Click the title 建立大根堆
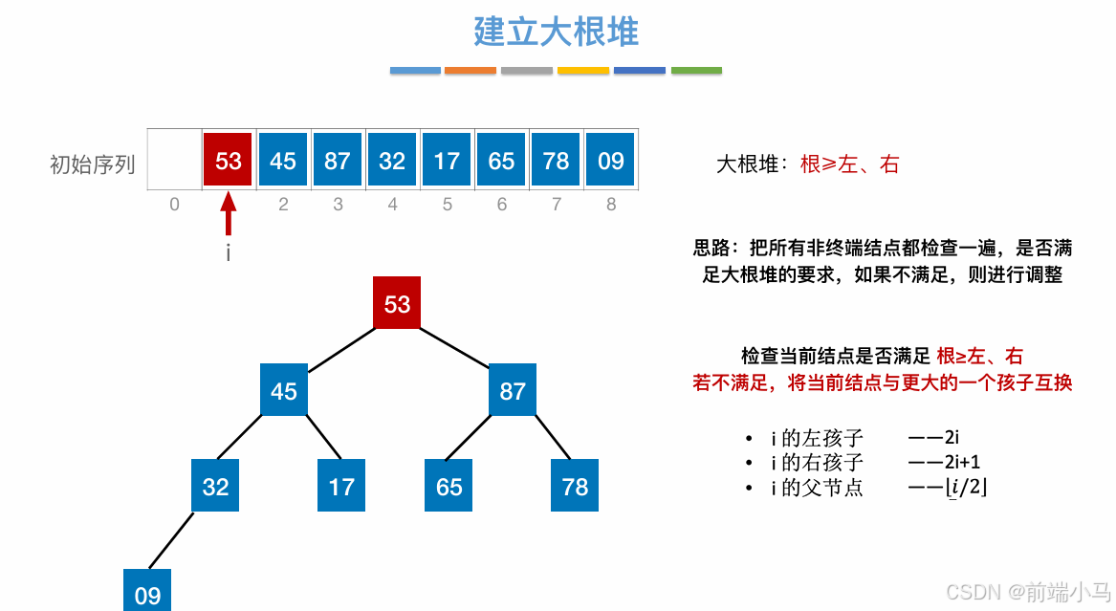coord(556,32)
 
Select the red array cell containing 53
coord(229,161)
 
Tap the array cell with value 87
coord(338,161)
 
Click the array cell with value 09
coord(610,161)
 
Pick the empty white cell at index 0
coord(174,161)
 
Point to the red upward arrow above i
coord(228,214)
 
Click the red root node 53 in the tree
coord(397,304)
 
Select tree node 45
coord(284,390)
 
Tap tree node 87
coord(513,390)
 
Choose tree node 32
coord(215,486)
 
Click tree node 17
coord(341,486)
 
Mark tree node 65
coord(449,486)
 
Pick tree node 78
coord(575,486)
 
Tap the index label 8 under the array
coord(611,204)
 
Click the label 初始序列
coord(92,164)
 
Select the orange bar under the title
coord(470,70)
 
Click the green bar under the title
coord(696,70)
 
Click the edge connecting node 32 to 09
coord(170,541)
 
